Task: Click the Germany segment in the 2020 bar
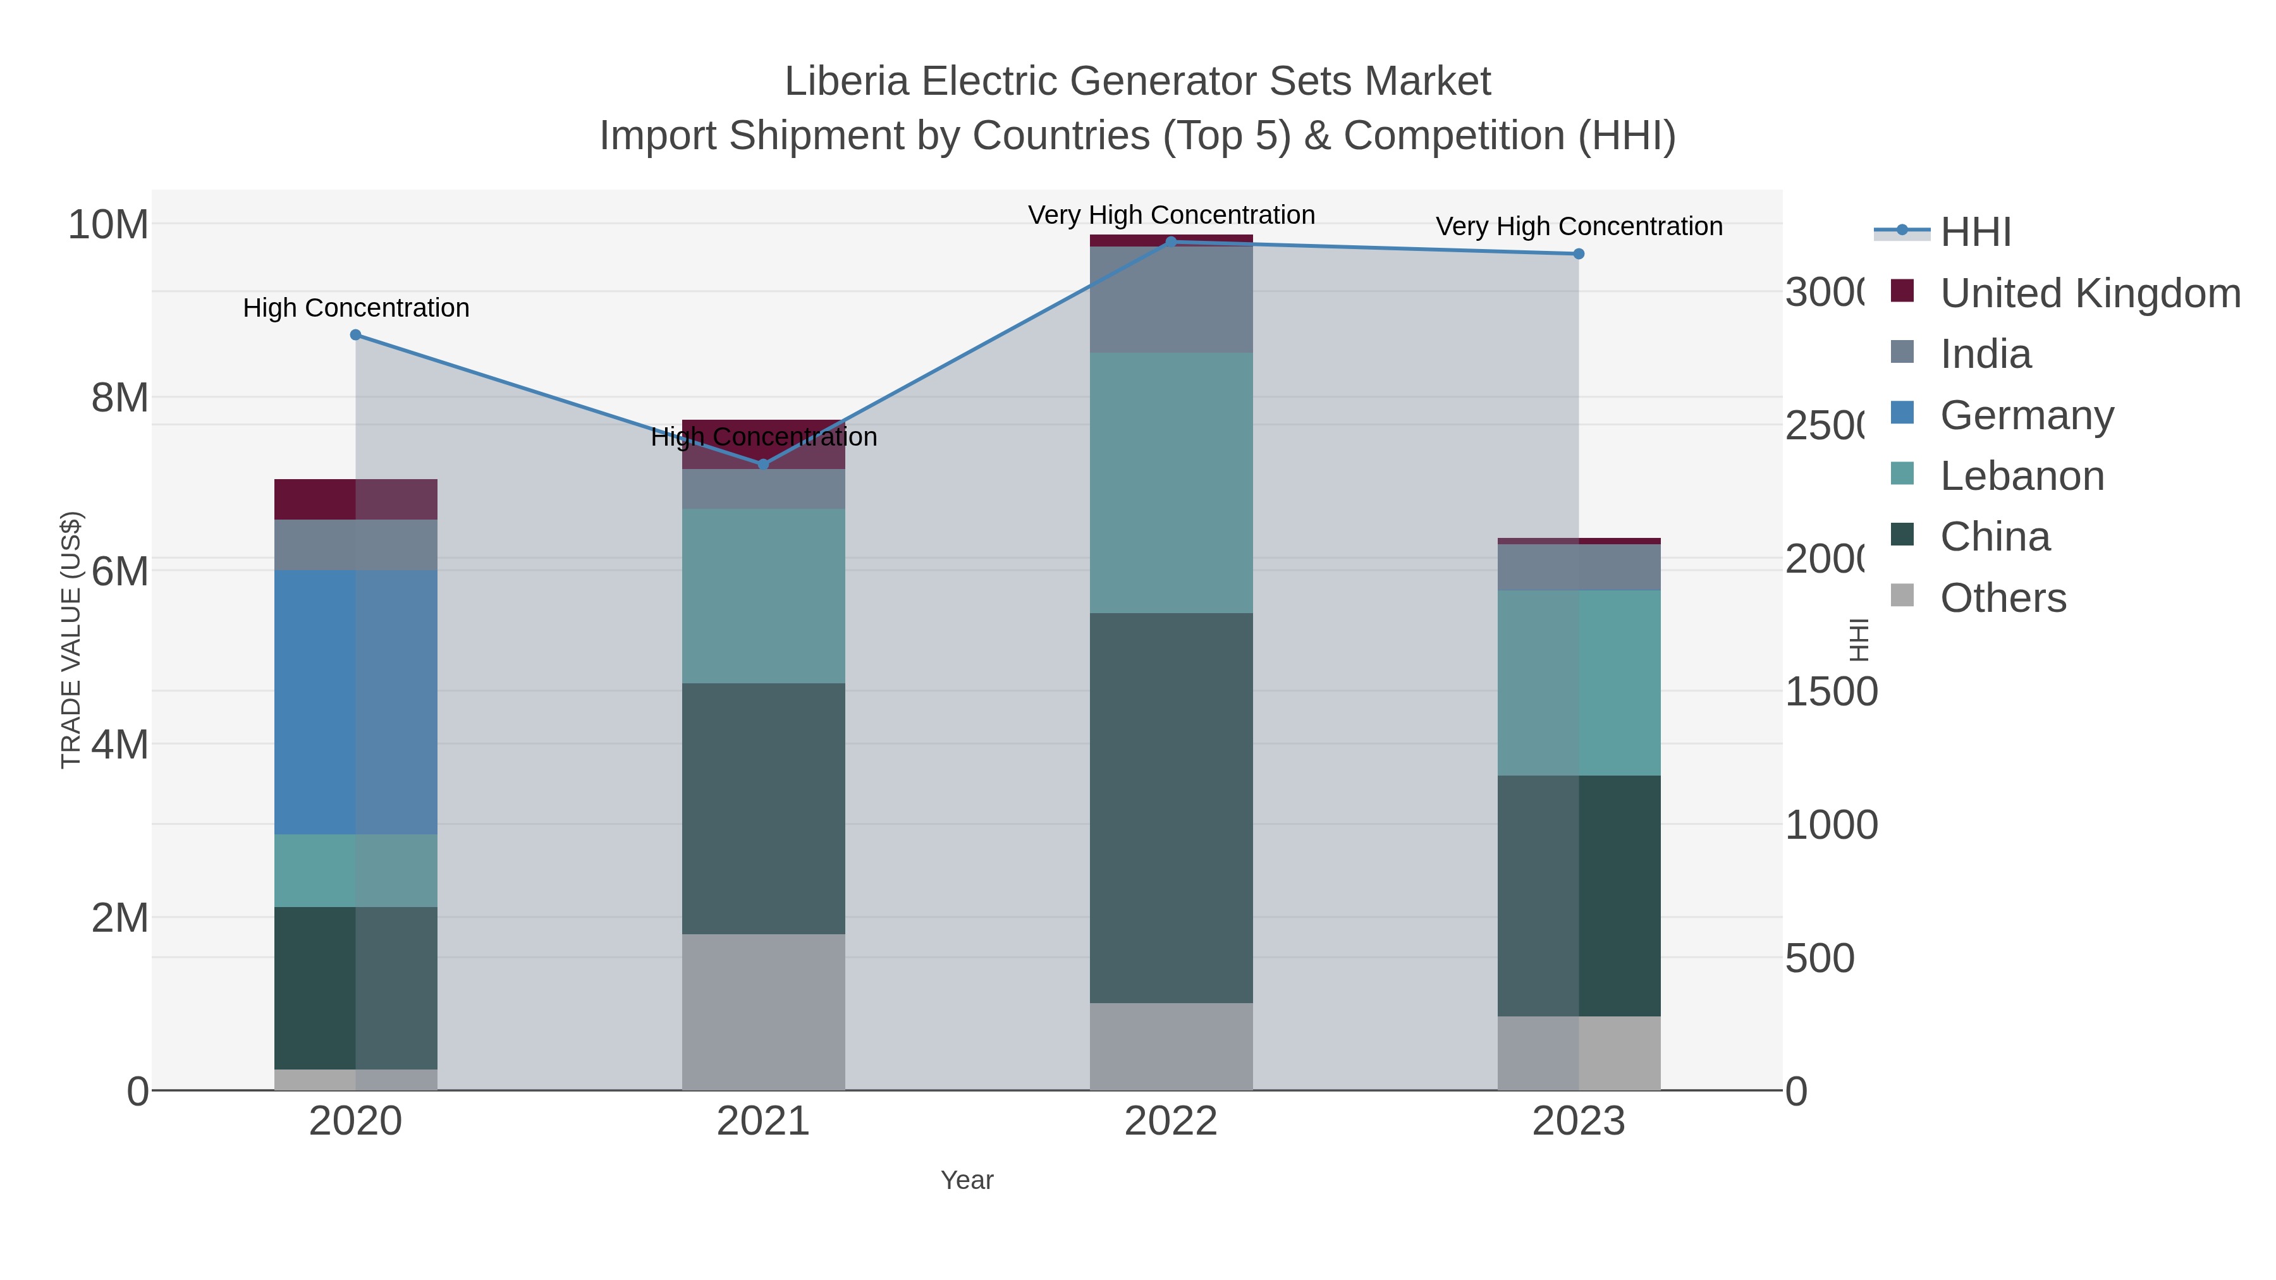click(x=355, y=702)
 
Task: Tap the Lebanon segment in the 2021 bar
click(x=763, y=595)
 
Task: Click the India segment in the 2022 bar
click(x=1171, y=300)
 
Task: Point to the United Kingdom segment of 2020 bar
click(x=355, y=499)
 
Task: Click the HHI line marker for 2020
click(x=355, y=335)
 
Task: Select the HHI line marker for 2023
click(x=1579, y=253)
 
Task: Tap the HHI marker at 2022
click(x=1171, y=241)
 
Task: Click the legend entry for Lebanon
click(x=2022, y=476)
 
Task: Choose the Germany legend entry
click(x=2026, y=415)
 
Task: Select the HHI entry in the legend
click(x=1976, y=233)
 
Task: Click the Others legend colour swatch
click(x=1902, y=596)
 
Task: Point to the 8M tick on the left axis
click(x=119, y=398)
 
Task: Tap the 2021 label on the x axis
click(x=763, y=1122)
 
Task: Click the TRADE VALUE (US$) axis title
click(x=71, y=640)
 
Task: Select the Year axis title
click(x=967, y=1180)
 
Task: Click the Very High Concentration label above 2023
click(x=1579, y=226)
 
